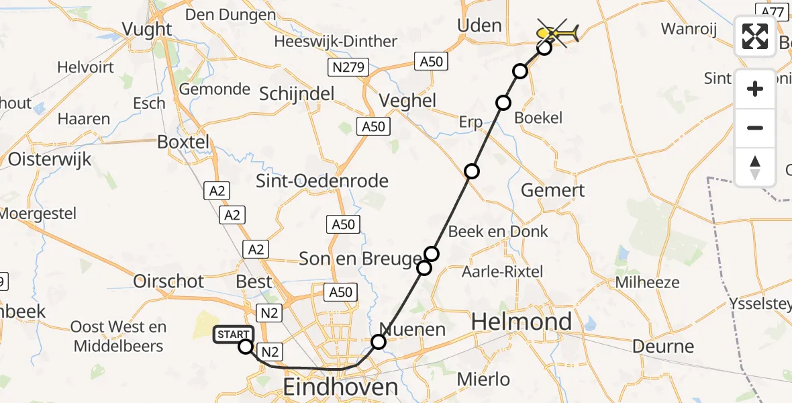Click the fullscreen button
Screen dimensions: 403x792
coord(755,36)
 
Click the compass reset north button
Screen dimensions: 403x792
coord(755,167)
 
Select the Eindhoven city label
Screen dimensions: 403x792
coord(340,388)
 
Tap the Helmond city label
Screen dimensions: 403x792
coord(522,322)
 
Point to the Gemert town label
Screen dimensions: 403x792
coord(553,190)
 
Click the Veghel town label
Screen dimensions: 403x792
coord(408,101)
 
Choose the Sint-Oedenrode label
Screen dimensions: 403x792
coord(322,181)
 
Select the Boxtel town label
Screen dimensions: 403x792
coord(183,142)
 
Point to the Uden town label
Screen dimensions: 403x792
coord(479,26)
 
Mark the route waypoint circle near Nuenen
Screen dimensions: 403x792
coord(379,343)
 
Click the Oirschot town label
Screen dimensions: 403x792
coord(168,281)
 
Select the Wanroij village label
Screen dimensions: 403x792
coord(689,29)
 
